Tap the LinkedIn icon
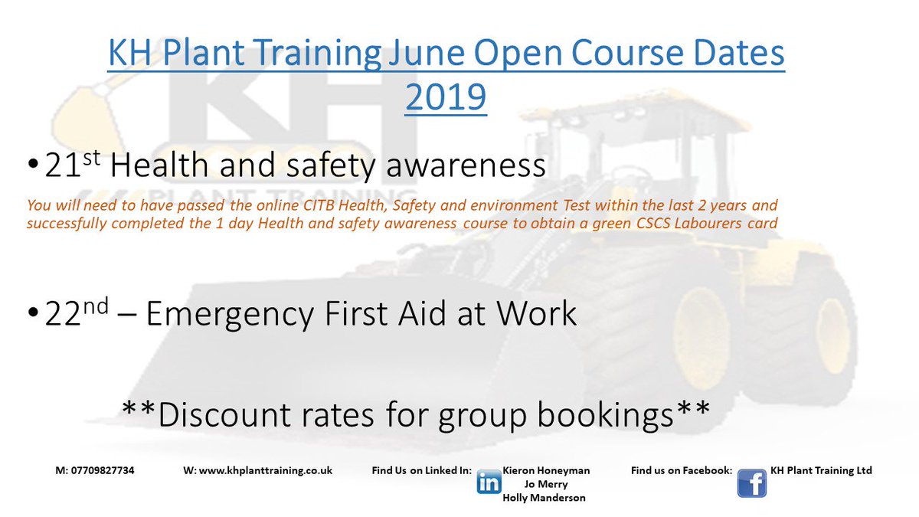point(489,483)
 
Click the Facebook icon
point(751,483)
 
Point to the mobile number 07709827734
point(96,471)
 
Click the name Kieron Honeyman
point(547,471)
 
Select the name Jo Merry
point(547,484)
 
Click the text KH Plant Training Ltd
point(821,471)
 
